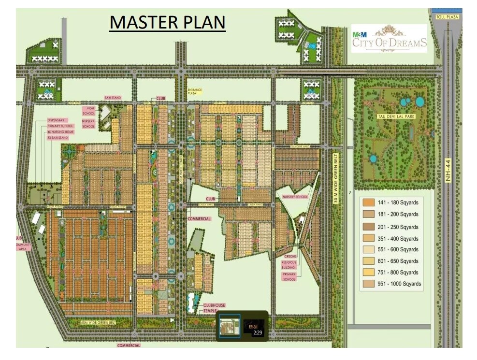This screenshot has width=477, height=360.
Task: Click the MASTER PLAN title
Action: coord(167,22)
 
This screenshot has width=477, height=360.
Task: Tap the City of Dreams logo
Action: coord(389,39)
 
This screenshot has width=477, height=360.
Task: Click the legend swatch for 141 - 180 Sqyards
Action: coord(369,202)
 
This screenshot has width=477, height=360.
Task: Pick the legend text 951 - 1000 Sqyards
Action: coord(399,284)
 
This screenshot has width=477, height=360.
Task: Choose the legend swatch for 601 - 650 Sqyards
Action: coord(369,261)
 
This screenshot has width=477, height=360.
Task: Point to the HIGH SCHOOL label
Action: coord(89,111)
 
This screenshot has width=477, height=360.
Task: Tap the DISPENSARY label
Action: coord(56,120)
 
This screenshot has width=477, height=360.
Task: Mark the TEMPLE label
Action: coord(210,311)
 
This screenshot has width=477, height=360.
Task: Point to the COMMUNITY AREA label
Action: coord(24,247)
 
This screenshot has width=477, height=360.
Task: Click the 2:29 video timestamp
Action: coord(257,332)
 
